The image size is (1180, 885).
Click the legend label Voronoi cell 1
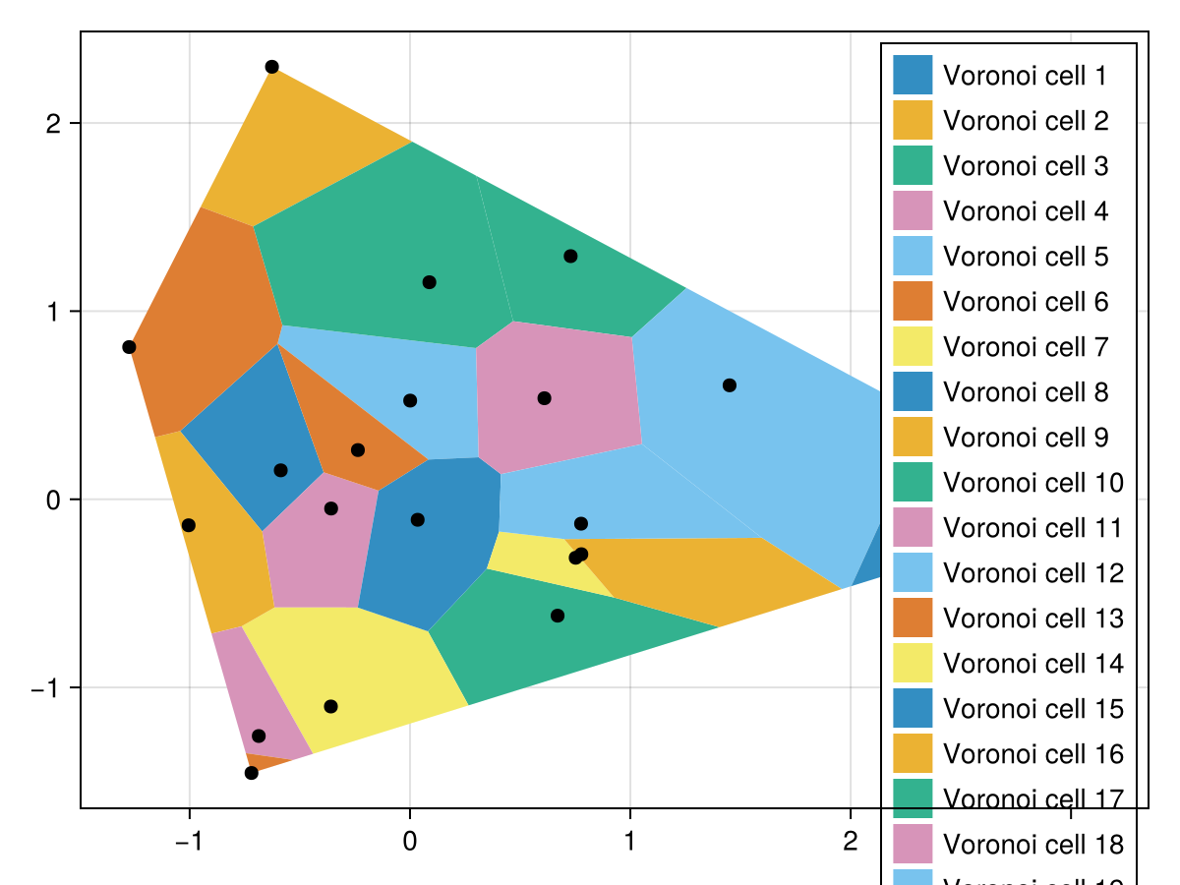(x=1026, y=76)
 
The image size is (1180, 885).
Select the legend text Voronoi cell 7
(x=1026, y=347)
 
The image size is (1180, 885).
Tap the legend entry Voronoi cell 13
(x=1032, y=619)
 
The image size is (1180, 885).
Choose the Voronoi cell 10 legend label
(x=1032, y=483)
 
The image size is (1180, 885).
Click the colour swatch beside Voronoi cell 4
(x=913, y=211)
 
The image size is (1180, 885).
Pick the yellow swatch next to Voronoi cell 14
(x=913, y=664)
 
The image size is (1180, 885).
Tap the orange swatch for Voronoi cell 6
(x=913, y=302)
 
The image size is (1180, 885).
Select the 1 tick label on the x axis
(x=629, y=842)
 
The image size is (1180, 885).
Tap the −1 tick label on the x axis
(x=189, y=842)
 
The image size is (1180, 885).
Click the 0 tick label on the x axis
(x=409, y=842)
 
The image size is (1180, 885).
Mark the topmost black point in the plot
(x=272, y=67)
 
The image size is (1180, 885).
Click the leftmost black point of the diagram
(x=129, y=347)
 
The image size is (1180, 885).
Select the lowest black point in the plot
(x=252, y=773)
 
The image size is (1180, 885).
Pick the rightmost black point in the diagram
(x=729, y=385)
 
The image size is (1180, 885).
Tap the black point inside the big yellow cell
(x=330, y=706)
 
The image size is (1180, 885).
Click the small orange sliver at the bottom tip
(x=262, y=761)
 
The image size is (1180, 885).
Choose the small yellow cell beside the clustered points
(x=541, y=560)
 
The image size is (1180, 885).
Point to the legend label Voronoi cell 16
(x=1032, y=754)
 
